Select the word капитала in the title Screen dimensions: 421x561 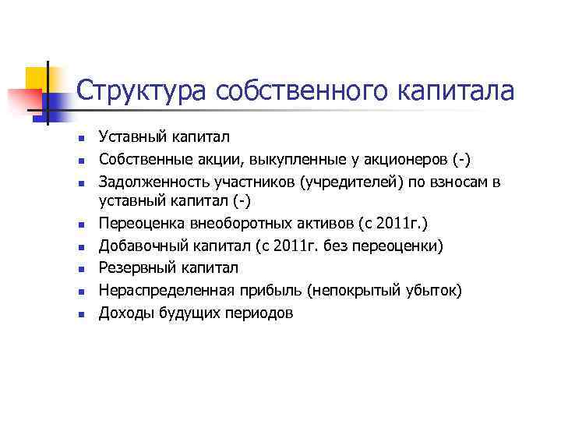pos(457,91)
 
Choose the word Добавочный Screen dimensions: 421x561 pos(137,247)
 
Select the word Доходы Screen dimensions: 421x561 pos(120,313)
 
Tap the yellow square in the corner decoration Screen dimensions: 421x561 pos(37,78)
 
